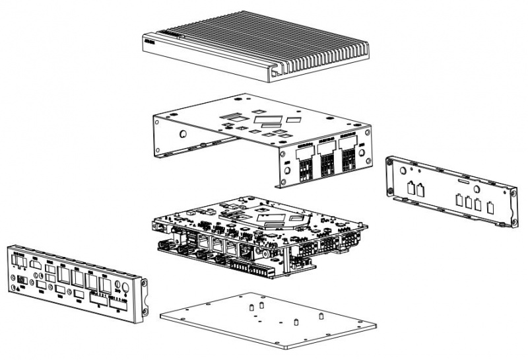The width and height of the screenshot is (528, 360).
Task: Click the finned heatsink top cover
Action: coord(264,46)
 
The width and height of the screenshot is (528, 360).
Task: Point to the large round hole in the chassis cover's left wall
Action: coord(181,132)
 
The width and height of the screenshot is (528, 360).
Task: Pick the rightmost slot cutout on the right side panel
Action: coord(489,207)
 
